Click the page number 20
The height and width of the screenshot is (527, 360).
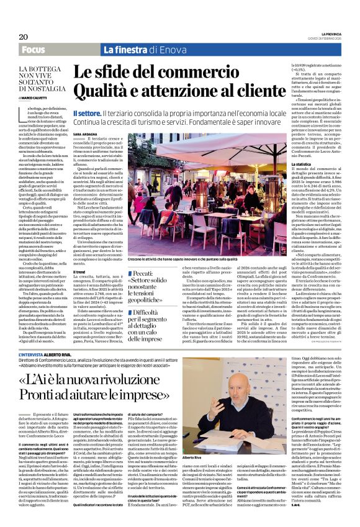pyautogui.click(x=14, y=37)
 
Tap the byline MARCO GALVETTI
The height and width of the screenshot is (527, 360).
pyautogui.click(x=38, y=97)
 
